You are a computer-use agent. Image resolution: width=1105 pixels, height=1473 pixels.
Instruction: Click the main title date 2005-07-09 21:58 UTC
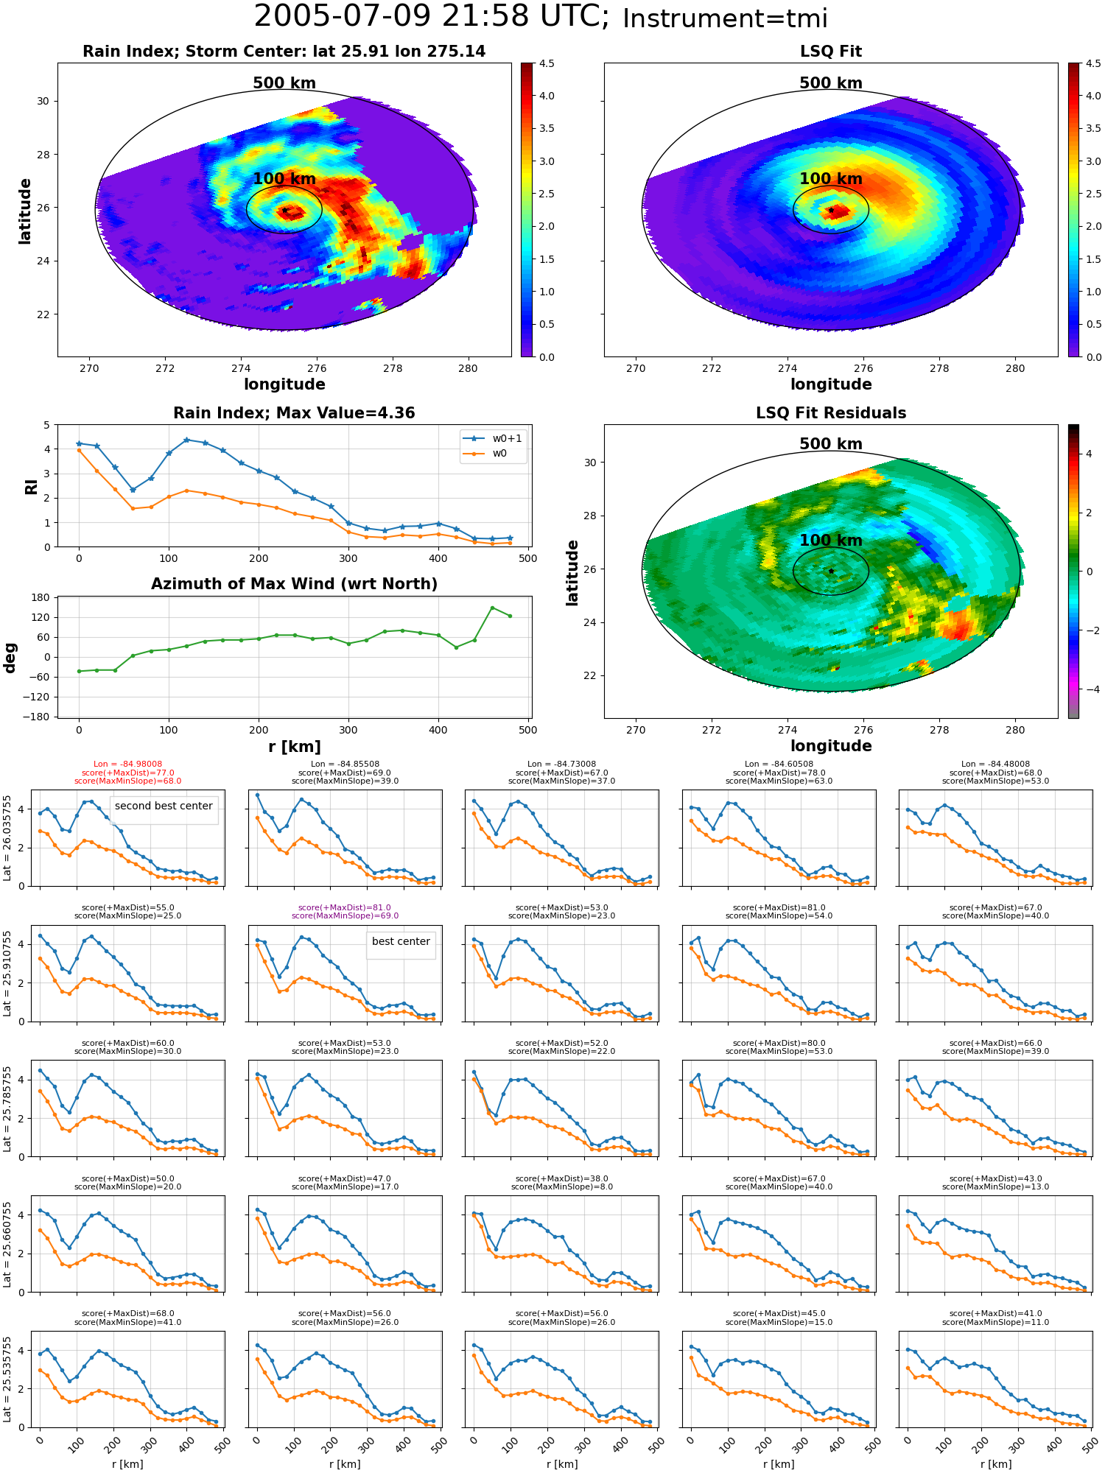432,16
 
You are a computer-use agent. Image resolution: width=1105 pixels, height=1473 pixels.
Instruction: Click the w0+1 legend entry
494,439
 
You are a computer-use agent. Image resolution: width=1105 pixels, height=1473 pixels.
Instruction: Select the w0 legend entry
486,454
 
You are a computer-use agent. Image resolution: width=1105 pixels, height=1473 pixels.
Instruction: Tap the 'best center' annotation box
401,942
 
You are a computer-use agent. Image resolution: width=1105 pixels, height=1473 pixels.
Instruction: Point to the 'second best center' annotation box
164,806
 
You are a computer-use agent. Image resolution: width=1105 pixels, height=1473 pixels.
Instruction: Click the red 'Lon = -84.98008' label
127,764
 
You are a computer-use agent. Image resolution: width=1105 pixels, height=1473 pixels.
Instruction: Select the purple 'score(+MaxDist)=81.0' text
345,908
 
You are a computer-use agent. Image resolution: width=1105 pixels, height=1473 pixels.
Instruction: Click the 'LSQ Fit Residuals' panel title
831,413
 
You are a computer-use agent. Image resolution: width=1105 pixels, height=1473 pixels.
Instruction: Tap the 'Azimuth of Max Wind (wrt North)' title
294,584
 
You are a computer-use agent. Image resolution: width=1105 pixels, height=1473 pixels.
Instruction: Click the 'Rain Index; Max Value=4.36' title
294,413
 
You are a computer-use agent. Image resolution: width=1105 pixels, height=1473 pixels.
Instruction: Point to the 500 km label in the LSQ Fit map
831,83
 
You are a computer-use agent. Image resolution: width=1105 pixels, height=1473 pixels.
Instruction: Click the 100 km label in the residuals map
831,541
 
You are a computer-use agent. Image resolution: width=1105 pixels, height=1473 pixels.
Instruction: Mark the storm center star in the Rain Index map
284,210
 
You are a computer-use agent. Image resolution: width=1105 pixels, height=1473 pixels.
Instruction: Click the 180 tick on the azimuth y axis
41,597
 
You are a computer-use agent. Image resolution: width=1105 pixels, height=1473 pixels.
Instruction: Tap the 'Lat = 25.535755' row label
7,1379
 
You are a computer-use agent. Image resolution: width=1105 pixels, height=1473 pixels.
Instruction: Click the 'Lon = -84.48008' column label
995,764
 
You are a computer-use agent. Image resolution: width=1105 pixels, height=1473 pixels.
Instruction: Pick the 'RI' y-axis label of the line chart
32,487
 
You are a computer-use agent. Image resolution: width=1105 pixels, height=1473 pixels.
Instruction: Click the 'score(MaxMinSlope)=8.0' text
561,1187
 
